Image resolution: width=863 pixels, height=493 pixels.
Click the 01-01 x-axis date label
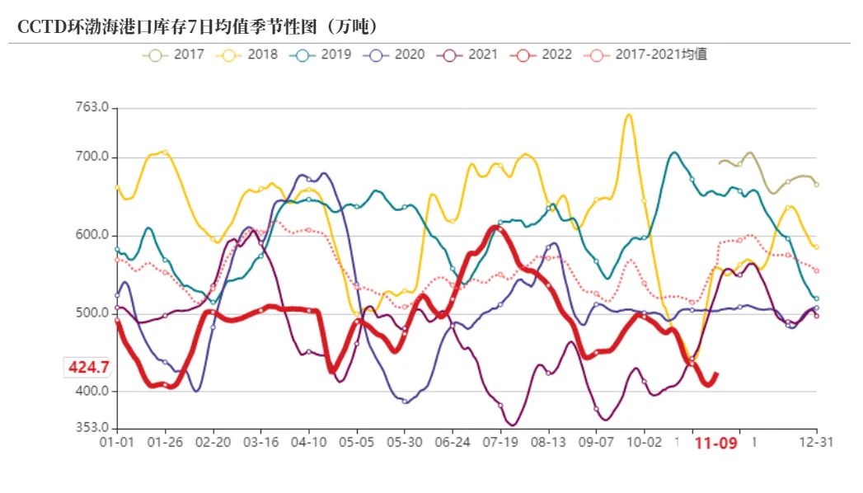(117, 443)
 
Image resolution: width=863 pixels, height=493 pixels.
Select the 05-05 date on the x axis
(356, 443)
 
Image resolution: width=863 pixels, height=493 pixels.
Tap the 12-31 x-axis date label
(816, 443)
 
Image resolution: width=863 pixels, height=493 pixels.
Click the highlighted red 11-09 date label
(715, 444)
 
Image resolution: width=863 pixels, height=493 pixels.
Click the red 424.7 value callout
(87, 367)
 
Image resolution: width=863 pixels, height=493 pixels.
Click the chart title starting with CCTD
(198, 26)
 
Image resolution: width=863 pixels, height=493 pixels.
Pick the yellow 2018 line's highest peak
(629, 115)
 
